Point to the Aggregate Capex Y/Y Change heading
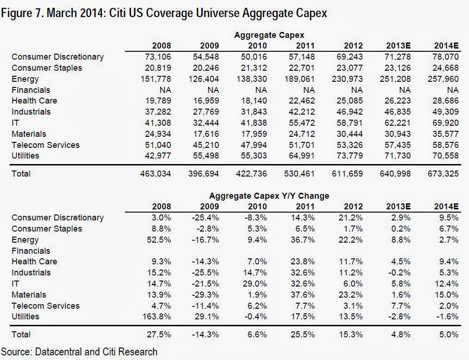point(269,195)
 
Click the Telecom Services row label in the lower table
point(45,305)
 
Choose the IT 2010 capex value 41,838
point(253,123)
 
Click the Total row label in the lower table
point(21,334)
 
